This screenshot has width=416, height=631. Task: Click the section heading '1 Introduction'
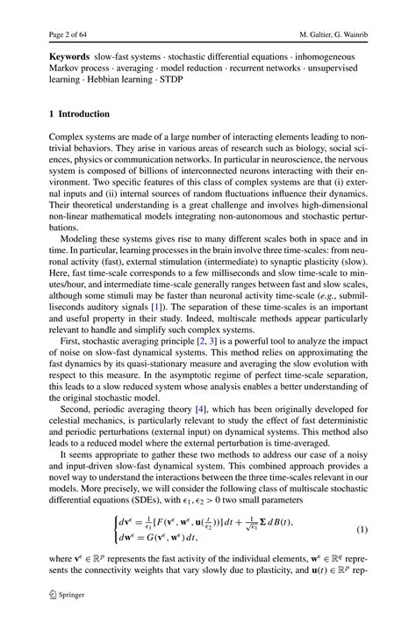click(x=80, y=114)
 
